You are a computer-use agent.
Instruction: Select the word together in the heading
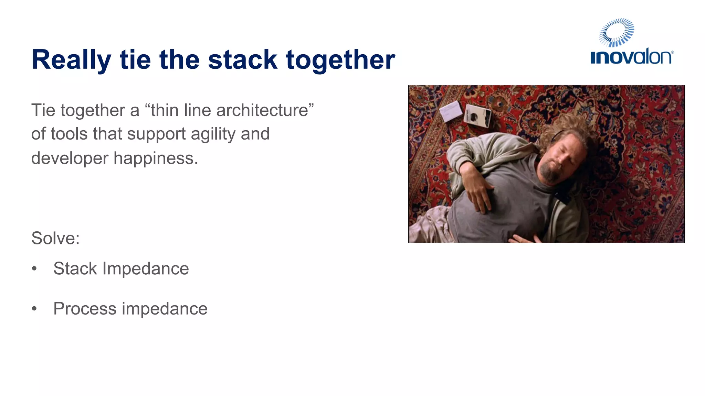[340, 60]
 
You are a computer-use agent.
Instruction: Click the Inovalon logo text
[631, 57]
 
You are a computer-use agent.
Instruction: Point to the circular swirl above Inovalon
[617, 33]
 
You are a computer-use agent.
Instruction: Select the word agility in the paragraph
[213, 134]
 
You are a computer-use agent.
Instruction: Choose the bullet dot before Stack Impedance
[34, 268]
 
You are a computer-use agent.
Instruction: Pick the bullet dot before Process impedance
[34, 309]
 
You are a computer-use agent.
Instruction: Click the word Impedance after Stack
[146, 268]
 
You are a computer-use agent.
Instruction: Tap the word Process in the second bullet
[85, 309]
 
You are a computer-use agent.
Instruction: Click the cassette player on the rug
[477, 115]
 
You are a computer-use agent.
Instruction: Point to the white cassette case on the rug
[451, 111]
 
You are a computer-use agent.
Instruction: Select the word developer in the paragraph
[70, 158]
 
